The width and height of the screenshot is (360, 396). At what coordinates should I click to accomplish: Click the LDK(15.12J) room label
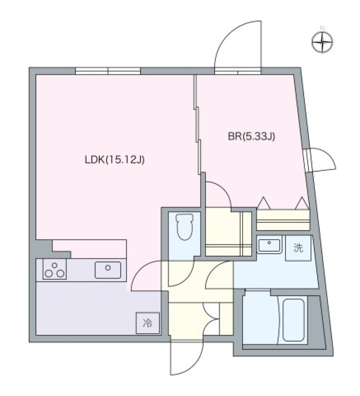(x=114, y=160)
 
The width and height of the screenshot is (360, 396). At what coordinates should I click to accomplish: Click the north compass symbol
(x=322, y=42)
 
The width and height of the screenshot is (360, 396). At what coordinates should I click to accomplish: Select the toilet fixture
(x=184, y=227)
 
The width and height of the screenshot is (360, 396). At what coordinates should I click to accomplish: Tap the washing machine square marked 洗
(x=298, y=248)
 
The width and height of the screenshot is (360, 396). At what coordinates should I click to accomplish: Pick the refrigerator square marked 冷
(x=148, y=323)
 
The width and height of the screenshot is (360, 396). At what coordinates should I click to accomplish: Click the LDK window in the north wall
(x=108, y=71)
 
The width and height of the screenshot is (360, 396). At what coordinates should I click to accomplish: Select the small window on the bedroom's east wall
(x=308, y=160)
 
